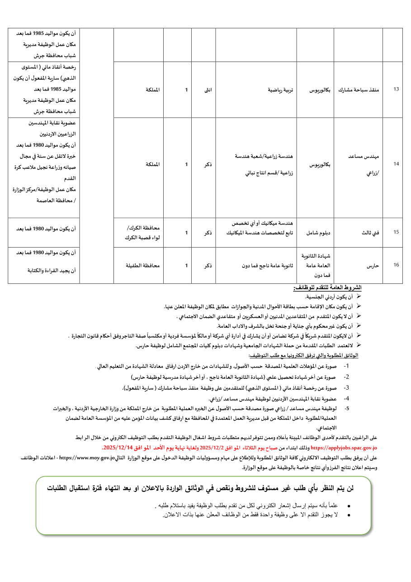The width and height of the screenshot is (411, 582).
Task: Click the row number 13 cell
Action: click(x=396, y=89)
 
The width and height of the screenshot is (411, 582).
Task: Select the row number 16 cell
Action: click(x=396, y=265)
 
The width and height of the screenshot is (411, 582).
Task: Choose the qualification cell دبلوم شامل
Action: click(x=319, y=232)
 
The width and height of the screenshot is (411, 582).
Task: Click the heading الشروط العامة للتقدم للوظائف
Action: click(x=327, y=288)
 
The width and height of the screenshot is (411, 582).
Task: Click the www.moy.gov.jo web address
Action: click(x=87, y=458)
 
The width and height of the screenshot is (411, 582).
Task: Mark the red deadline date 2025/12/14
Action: click(x=116, y=447)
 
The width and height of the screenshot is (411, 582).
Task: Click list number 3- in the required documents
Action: click(x=346, y=388)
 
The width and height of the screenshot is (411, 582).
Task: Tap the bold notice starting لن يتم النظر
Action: click(x=200, y=488)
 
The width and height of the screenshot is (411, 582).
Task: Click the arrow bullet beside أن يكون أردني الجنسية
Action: click(x=359, y=296)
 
